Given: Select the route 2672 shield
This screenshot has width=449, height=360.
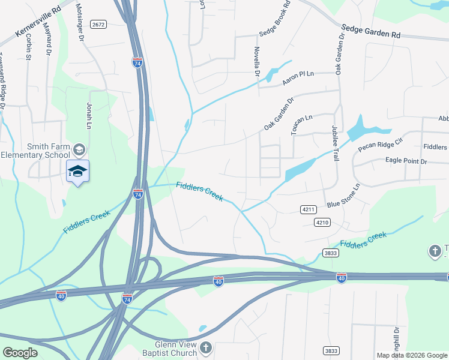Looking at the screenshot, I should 99,25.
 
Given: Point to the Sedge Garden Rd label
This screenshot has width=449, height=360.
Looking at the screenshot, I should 371,31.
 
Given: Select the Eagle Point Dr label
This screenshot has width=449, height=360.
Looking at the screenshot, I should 406,161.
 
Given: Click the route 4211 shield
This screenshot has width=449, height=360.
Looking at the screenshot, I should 308,209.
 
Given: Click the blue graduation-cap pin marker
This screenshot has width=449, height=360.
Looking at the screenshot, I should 78,172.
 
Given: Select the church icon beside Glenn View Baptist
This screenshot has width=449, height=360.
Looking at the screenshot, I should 206,347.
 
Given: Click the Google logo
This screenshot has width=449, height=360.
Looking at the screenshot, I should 20,353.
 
